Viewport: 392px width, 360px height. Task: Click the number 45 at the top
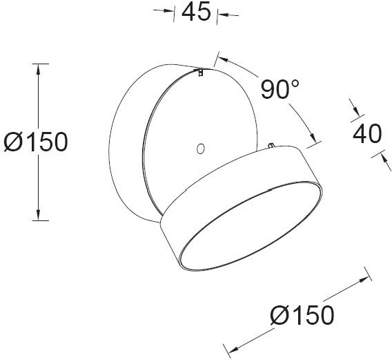click(x=195, y=12)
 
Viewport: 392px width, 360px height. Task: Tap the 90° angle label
click(x=280, y=88)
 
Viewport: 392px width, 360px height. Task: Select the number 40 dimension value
click(x=367, y=133)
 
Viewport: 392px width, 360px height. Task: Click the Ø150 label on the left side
click(x=35, y=142)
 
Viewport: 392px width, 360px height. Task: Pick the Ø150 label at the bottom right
click(x=302, y=315)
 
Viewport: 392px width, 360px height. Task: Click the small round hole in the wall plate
click(x=201, y=148)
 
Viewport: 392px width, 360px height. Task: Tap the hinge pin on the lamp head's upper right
click(x=273, y=145)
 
